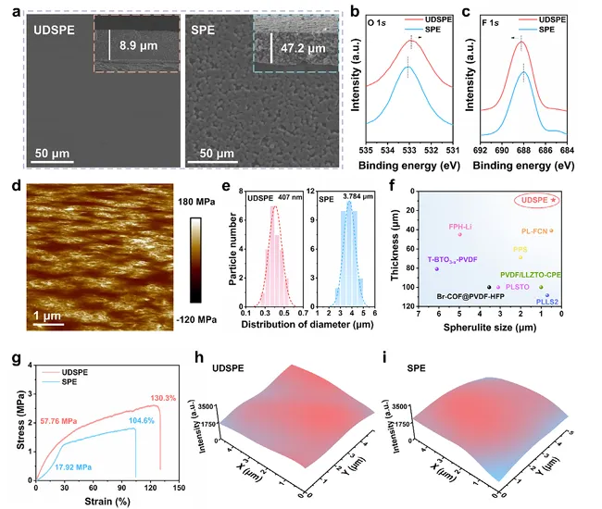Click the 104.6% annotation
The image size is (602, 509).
pyautogui.click(x=117, y=420)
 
